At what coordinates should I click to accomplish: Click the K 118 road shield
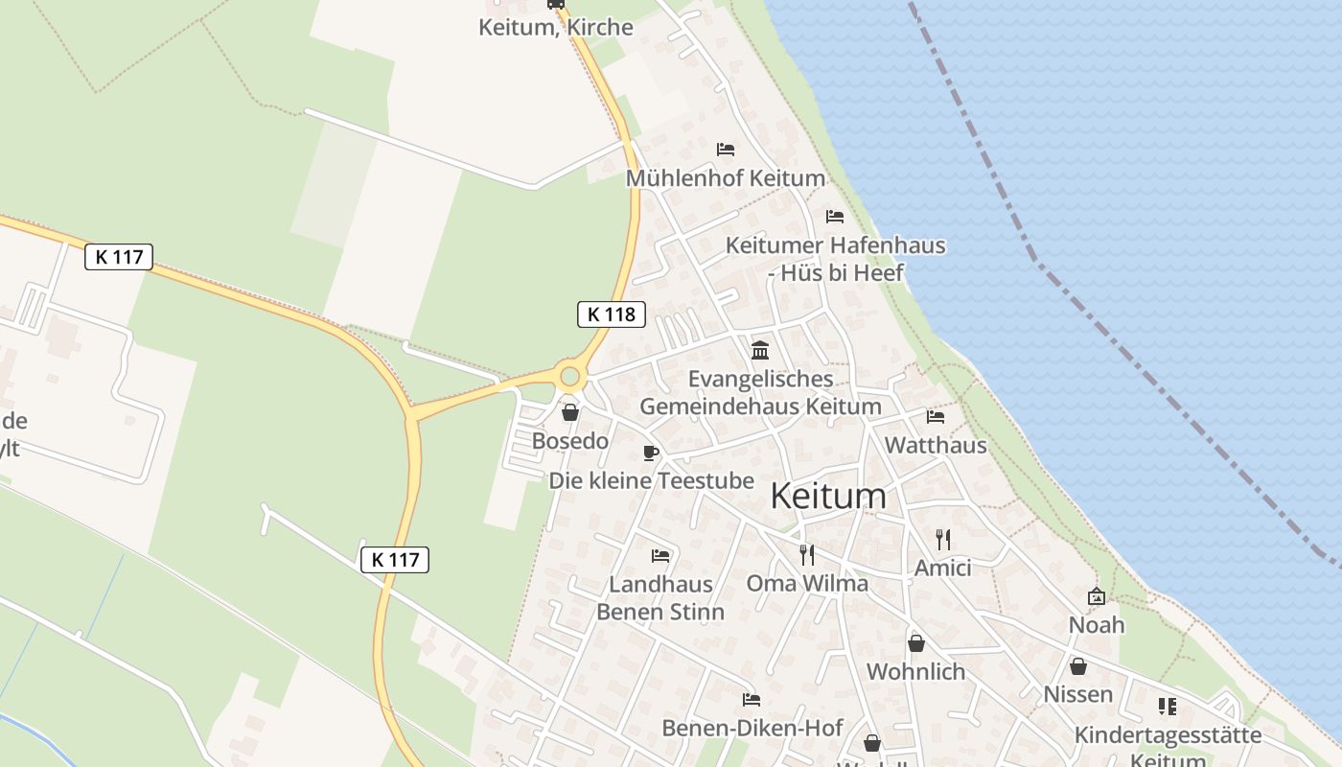tap(612, 314)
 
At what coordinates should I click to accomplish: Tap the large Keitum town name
tap(828, 496)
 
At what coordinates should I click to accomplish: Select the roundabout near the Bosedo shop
tap(570, 376)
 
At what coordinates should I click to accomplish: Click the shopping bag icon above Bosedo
tap(570, 412)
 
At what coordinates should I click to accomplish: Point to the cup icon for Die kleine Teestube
tap(651, 453)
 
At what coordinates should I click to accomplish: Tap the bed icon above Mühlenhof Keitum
tap(726, 150)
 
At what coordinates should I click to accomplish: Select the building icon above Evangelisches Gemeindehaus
tap(760, 350)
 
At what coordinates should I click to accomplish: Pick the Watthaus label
tap(936, 445)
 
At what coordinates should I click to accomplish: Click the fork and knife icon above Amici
tap(943, 539)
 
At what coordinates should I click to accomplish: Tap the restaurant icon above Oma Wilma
tap(807, 554)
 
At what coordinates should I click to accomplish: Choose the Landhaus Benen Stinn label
tap(660, 597)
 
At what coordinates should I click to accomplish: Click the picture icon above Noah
tap(1097, 596)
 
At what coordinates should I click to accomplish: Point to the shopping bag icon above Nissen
tap(1078, 665)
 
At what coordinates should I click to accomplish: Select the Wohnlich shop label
tap(916, 671)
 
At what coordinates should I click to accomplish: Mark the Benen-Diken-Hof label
tap(752, 728)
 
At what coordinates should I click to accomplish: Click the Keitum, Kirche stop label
tap(556, 27)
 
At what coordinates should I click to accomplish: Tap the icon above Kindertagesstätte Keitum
tap(1168, 707)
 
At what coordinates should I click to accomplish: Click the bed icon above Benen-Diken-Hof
tap(752, 700)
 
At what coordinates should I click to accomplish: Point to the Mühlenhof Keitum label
tap(726, 178)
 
